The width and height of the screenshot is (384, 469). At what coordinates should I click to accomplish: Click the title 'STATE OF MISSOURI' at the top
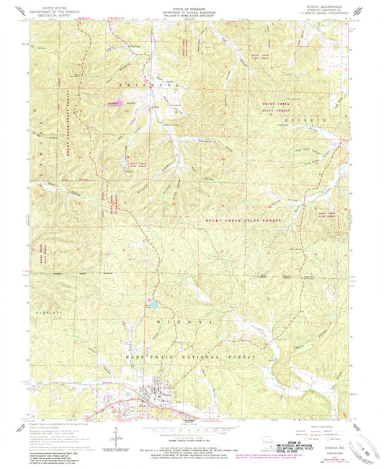[x=191, y=9]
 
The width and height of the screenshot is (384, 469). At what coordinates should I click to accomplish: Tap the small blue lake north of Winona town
[x=154, y=305]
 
